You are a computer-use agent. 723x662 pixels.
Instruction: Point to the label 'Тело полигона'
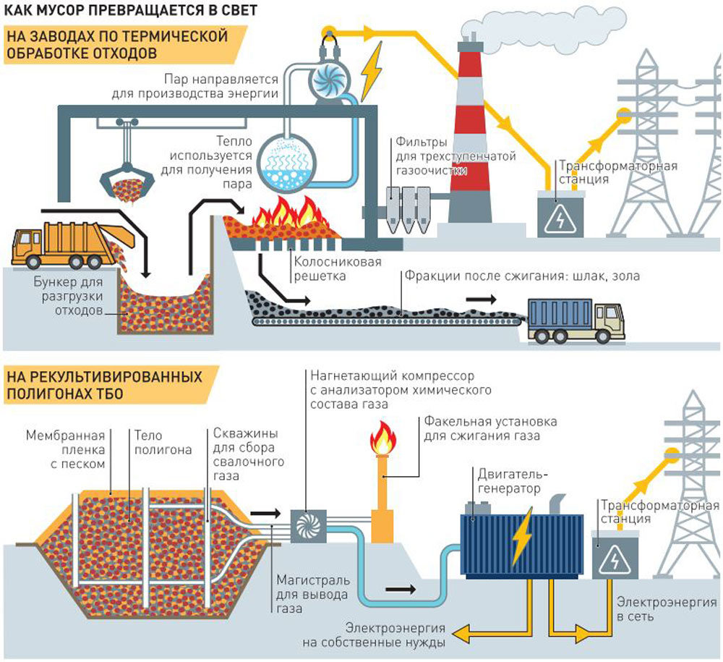[163, 443]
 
